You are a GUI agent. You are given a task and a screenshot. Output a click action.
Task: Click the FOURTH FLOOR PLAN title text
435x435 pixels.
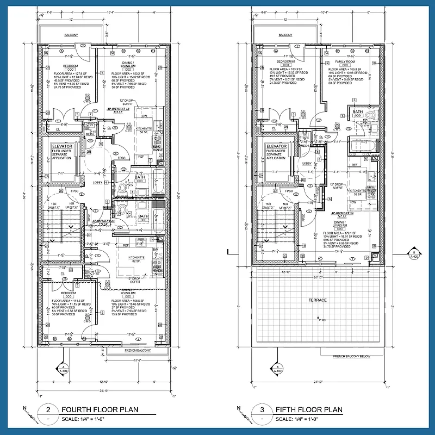click(100, 409)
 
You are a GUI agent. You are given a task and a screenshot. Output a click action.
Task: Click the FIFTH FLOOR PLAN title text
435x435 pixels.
click(309, 409)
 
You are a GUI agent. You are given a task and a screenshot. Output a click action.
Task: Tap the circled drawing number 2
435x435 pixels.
click(48, 409)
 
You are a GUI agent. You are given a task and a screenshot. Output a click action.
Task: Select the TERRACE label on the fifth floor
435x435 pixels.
click(318, 300)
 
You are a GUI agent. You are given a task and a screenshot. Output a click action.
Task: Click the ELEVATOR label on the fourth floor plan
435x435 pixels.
click(63, 147)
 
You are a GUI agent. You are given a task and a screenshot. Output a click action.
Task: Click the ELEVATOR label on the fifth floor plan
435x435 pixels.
click(276, 147)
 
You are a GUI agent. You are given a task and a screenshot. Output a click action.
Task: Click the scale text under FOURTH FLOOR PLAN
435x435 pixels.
click(88, 419)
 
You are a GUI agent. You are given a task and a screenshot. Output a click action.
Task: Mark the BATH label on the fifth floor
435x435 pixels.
click(357, 112)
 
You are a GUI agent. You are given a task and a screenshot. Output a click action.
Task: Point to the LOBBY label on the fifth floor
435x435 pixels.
click(307, 163)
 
